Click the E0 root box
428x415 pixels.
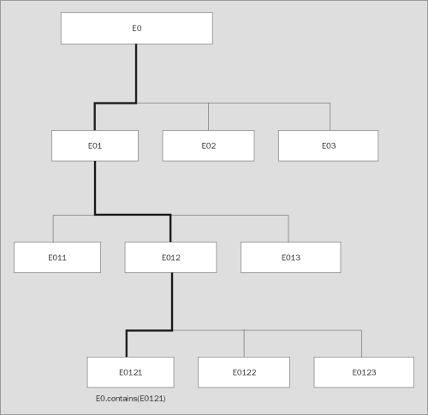[x=136, y=28]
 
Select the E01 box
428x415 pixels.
[x=95, y=145]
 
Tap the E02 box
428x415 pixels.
[x=208, y=145]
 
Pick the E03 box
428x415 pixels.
[x=329, y=145]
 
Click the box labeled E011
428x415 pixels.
[x=57, y=257]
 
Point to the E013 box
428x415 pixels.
[x=290, y=257]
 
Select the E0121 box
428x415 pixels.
[x=130, y=372]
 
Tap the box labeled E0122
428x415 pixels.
[x=245, y=372]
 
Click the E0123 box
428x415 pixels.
[x=364, y=372]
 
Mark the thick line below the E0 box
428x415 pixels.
[x=136, y=73]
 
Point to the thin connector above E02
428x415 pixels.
[x=209, y=116]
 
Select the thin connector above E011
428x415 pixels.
[x=53, y=228]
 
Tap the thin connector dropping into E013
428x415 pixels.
[x=288, y=228]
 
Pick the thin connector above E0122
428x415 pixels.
[x=245, y=343]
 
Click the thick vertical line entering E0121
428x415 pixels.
[x=127, y=343]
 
